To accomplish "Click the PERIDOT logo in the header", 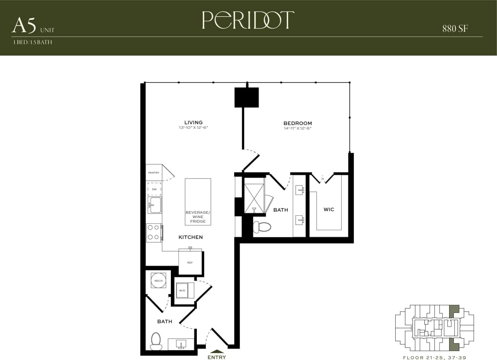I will pos(248,20).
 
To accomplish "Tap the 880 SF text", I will pos(455,28).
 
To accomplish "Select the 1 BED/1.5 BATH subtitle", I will pos(33,42).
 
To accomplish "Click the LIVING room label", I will pos(193,123).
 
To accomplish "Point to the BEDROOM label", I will pos(297,123).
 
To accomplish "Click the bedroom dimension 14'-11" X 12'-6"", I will pos(297,128).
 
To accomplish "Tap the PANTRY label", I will pos(154,173).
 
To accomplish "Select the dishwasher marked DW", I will pos(154,189).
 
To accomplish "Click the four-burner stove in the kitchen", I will pos(154,233).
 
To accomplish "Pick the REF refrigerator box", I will pos(190,263).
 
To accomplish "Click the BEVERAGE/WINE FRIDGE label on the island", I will pos(198,217).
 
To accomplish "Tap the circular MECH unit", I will pos(158,280).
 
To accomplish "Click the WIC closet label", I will pos(329,209).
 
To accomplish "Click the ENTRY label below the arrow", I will pos(217,357).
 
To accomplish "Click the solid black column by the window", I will pos(247,97).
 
